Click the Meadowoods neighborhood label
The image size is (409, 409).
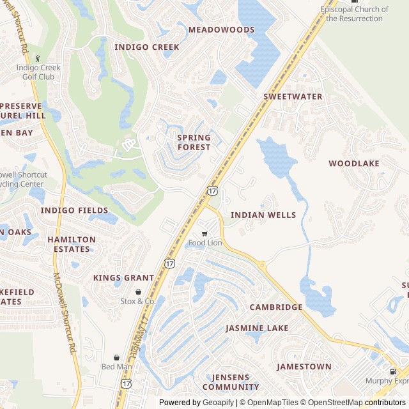click(221, 29)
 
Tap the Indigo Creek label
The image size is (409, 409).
click(147, 47)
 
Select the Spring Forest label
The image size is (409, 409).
click(194, 143)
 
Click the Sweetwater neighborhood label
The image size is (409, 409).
click(293, 96)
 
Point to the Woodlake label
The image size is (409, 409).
click(354, 164)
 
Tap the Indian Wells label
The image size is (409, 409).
click(263, 215)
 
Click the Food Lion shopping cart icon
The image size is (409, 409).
click(204, 234)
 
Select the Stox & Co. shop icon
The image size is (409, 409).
click(138, 291)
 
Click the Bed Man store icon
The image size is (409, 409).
click(116, 358)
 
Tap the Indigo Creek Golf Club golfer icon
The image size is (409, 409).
click(38, 58)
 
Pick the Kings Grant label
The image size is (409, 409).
click(123, 278)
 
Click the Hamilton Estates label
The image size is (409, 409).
click(71, 244)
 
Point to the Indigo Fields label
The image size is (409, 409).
click(74, 210)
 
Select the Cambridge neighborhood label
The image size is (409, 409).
click(276, 307)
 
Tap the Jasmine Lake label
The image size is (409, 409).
click(257, 328)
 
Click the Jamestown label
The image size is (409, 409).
click(304, 367)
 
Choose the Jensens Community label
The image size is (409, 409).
click(231, 382)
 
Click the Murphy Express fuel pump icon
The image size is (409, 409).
click(392, 371)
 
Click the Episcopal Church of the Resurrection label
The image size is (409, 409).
click(354, 14)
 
